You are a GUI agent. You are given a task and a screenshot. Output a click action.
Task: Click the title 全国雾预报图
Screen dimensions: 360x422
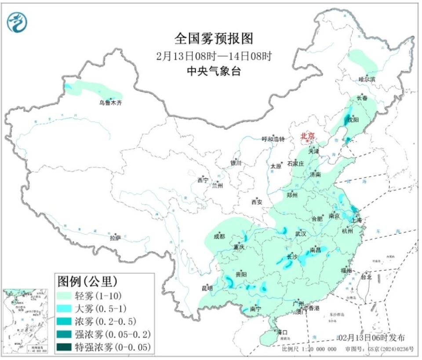[x=214, y=39]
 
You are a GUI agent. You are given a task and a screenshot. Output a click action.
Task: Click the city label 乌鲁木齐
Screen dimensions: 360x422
[x=109, y=103]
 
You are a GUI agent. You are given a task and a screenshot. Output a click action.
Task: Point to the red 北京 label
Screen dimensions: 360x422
[x=307, y=137]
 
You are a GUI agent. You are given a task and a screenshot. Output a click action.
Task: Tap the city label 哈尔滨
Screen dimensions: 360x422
[x=367, y=80]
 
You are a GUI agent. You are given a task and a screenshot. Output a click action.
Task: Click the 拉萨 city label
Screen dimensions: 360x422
[x=115, y=238]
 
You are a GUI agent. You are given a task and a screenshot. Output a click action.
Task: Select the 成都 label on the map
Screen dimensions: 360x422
[x=219, y=237]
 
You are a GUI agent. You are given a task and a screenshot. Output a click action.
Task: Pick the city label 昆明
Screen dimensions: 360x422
[x=207, y=289]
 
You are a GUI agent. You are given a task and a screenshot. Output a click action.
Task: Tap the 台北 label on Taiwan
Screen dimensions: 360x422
[x=366, y=277]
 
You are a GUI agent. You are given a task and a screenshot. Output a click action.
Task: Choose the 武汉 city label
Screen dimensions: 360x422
[x=301, y=234]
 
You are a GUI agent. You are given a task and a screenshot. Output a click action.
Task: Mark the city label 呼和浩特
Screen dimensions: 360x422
[x=273, y=139]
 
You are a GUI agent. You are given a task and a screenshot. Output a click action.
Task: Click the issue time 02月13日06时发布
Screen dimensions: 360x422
[x=371, y=338]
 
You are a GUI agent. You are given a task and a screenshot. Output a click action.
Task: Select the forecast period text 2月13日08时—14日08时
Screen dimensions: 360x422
[x=214, y=56]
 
